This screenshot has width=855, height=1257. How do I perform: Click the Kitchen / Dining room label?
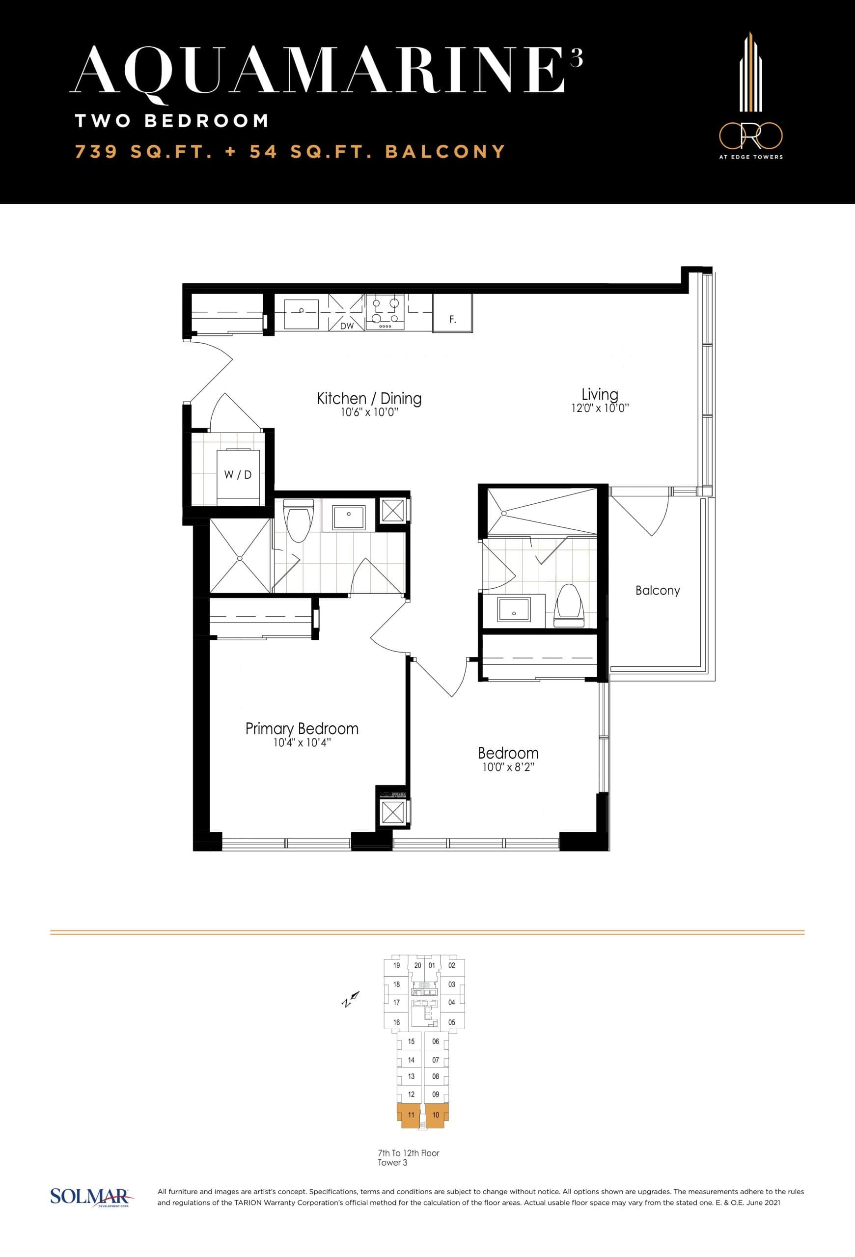(369, 399)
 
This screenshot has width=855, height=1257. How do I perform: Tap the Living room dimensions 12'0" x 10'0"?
(600, 409)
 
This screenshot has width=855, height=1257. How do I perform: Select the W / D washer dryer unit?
(238, 474)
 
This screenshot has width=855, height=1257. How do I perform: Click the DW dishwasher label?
(347, 326)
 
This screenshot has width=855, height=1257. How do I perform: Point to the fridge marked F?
(453, 319)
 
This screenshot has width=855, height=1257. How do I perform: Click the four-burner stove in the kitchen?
(385, 312)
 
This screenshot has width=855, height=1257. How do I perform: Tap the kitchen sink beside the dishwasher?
(301, 312)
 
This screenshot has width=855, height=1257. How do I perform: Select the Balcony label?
(657, 590)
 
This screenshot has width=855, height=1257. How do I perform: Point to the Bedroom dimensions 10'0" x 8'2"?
(508, 767)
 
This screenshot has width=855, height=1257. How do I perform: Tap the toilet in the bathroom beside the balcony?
(569, 605)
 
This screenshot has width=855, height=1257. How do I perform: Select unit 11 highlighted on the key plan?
(411, 1115)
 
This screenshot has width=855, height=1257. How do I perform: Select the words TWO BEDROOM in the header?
(172, 121)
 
